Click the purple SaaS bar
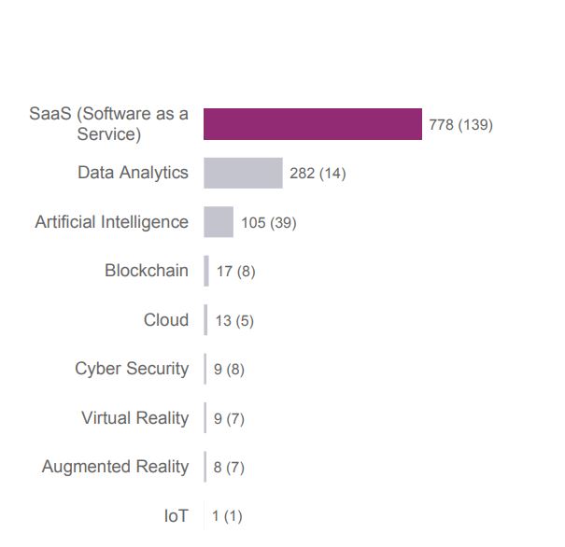(x=313, y=124)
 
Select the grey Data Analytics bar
(x=243, y=174)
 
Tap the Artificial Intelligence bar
(x=219, y=222)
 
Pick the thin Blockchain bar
(x=206, y=272)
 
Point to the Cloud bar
(x=206, y=320)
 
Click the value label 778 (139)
(x=460, y=125)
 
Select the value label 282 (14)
(x=318, y=174)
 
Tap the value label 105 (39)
(x=268, y=223)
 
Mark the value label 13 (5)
(x=234, y=321)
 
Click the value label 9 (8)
(x=229, y=370)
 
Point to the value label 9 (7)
(x=229, y=419)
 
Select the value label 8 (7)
(x=229, y=468)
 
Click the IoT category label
(x=176, y=515)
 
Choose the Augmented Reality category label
(x=115, y=467)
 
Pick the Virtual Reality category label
(x=134, y=418)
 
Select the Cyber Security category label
(x=132, y=369)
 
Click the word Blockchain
(x=146, y=271)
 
